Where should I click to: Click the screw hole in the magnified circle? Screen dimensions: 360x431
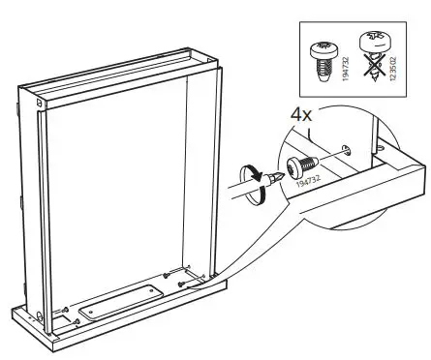346,148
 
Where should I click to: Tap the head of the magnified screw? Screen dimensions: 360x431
293,165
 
